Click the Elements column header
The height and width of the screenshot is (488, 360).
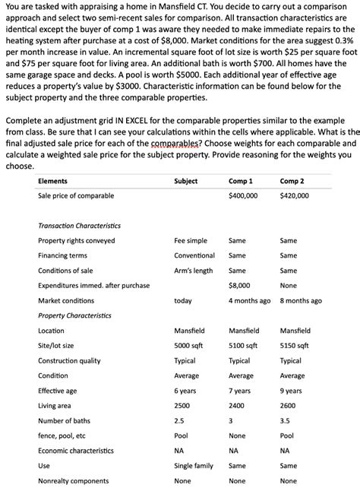pos(52,181)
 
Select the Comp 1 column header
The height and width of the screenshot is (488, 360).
pos(240,181)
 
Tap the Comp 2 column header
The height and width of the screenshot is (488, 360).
pos(292,181)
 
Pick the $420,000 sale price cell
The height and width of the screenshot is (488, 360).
pos(295,195)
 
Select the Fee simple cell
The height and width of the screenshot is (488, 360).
pos(191,240)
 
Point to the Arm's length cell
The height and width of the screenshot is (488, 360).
pos(194,270)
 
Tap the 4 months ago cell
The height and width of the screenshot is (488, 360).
pos(249,300)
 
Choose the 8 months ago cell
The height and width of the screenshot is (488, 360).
pos(301,300)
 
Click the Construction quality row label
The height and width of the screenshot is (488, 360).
pos(69,360)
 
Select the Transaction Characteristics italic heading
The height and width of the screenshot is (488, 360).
pos(79,225)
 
